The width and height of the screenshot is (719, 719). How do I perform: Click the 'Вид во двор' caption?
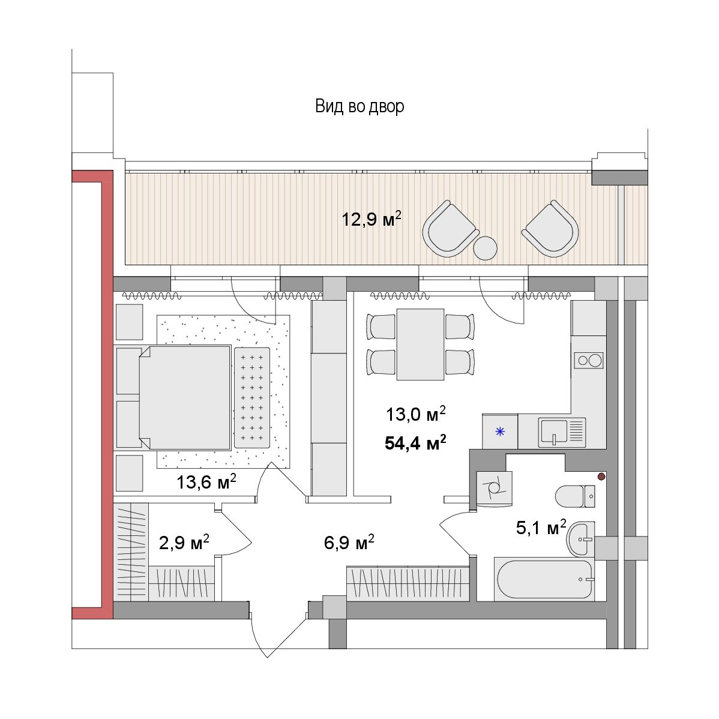tap(359, 106)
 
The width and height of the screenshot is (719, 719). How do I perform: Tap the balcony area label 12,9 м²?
tap(372, 218)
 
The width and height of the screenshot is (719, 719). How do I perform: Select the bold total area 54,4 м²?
tap(415, 443)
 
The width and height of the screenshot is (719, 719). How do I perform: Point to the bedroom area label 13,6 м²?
tap(206, 481)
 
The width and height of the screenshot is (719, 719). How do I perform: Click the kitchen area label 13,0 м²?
tap(415, 414)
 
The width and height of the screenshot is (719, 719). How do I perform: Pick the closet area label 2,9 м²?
tap(184, 543)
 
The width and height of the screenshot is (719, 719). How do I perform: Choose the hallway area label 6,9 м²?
tap(349, 543)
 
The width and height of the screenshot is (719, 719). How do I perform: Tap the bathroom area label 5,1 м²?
tap(541, 528)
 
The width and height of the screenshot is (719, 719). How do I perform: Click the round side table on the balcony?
tap(485, 248)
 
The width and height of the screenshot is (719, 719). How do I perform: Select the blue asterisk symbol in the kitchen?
tap(500, 432)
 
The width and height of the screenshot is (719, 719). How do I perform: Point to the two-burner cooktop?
tap(589, 360)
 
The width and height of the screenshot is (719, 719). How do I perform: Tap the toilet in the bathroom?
tap(576, 496)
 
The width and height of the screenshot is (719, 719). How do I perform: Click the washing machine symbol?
tap(494, 489)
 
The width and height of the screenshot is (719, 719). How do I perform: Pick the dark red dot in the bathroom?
tap(601, 477)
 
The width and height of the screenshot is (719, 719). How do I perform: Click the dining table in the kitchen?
tap(421, 344)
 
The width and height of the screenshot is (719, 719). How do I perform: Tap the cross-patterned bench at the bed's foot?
tap(251, 397)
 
